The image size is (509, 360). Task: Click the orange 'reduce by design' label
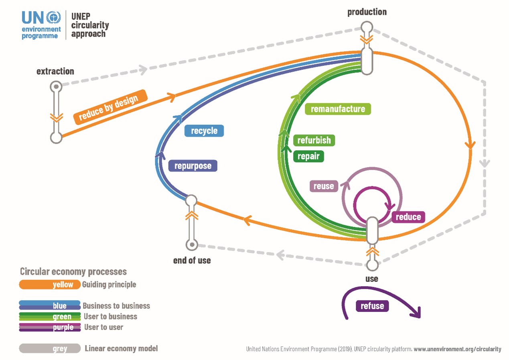pos(110,107)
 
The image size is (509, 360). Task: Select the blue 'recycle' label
pos(204,131)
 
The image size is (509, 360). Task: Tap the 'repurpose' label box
pos(193,166)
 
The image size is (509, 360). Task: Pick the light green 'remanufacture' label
pos(338,109)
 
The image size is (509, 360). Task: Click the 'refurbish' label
pos(314,140)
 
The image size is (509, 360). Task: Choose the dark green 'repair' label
pos(308,156)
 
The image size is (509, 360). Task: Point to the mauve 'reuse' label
pos(324,186)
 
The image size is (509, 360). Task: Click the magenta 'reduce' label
pos(408,217)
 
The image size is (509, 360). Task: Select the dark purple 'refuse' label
pos(372,306)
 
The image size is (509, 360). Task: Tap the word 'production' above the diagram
pos(367,12)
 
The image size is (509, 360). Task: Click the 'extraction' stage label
pos(55,71)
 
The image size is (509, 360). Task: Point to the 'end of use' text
pos(192,261)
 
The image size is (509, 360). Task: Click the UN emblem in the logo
pos(53,18)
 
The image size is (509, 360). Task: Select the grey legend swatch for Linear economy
pos(50,348)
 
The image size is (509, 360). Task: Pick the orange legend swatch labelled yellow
pos(50,285)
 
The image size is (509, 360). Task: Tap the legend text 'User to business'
pos(110,316)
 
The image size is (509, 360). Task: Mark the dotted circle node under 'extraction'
pos(56,87)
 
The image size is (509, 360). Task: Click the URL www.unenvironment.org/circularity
pos(457,349)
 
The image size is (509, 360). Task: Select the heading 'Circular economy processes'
pos(73,272)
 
